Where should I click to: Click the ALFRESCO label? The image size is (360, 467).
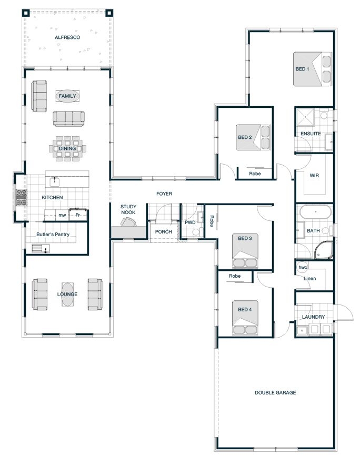click(67, 37)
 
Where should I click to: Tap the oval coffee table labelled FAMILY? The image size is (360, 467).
click(67, 96)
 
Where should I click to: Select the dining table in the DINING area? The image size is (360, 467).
click(67, 149)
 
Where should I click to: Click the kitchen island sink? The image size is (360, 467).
click(55, 181)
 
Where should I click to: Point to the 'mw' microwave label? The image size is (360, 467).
click(62, 215)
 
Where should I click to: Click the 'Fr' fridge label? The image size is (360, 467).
click(77, 215)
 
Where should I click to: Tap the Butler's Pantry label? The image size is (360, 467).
click(53, 235)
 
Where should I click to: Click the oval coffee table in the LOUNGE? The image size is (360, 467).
click(67, 295)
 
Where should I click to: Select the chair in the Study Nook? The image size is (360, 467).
click(128, 222)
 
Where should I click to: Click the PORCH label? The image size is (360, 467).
click(163, 232)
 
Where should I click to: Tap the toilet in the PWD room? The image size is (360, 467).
click(196, 231)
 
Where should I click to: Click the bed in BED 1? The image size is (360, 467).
click(312, 69)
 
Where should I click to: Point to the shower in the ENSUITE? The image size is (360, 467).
click(305, 117)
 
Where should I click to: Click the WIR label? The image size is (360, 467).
click(314, 176)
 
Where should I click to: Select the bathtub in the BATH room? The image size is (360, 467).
click(315, 212)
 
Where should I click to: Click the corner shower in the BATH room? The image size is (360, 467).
click(324, 250)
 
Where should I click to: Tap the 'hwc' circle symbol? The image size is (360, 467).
click(303, 268)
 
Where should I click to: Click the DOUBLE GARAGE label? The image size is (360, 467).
click(275, 392)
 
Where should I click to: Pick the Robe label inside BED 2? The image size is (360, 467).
click(255, 174)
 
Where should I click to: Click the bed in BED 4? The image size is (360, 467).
click(245, 318)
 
